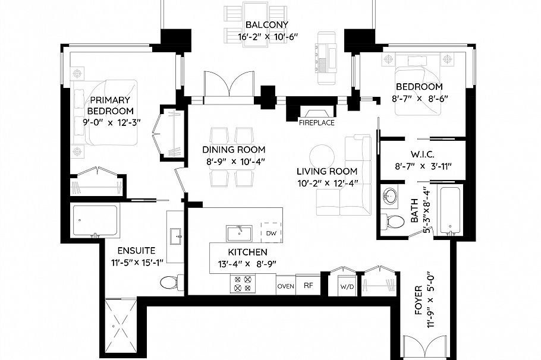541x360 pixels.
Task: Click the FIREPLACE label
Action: [x=316, y=123]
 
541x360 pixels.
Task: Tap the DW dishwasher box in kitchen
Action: [x=271, y=232]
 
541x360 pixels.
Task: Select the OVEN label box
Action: [x=285, y=286]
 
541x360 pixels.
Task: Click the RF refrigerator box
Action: [x=308, y=286]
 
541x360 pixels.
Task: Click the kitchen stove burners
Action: [x=243, y=284]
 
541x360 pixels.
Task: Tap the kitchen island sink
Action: [x=238, y=232]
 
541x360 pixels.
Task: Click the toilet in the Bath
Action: [x=391, y=222]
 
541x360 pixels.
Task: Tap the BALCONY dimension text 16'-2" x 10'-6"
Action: [x=267, y=37]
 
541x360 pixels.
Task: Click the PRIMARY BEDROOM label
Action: [x=110, y=106]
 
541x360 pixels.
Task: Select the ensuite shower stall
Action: [x=95, y=220]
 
